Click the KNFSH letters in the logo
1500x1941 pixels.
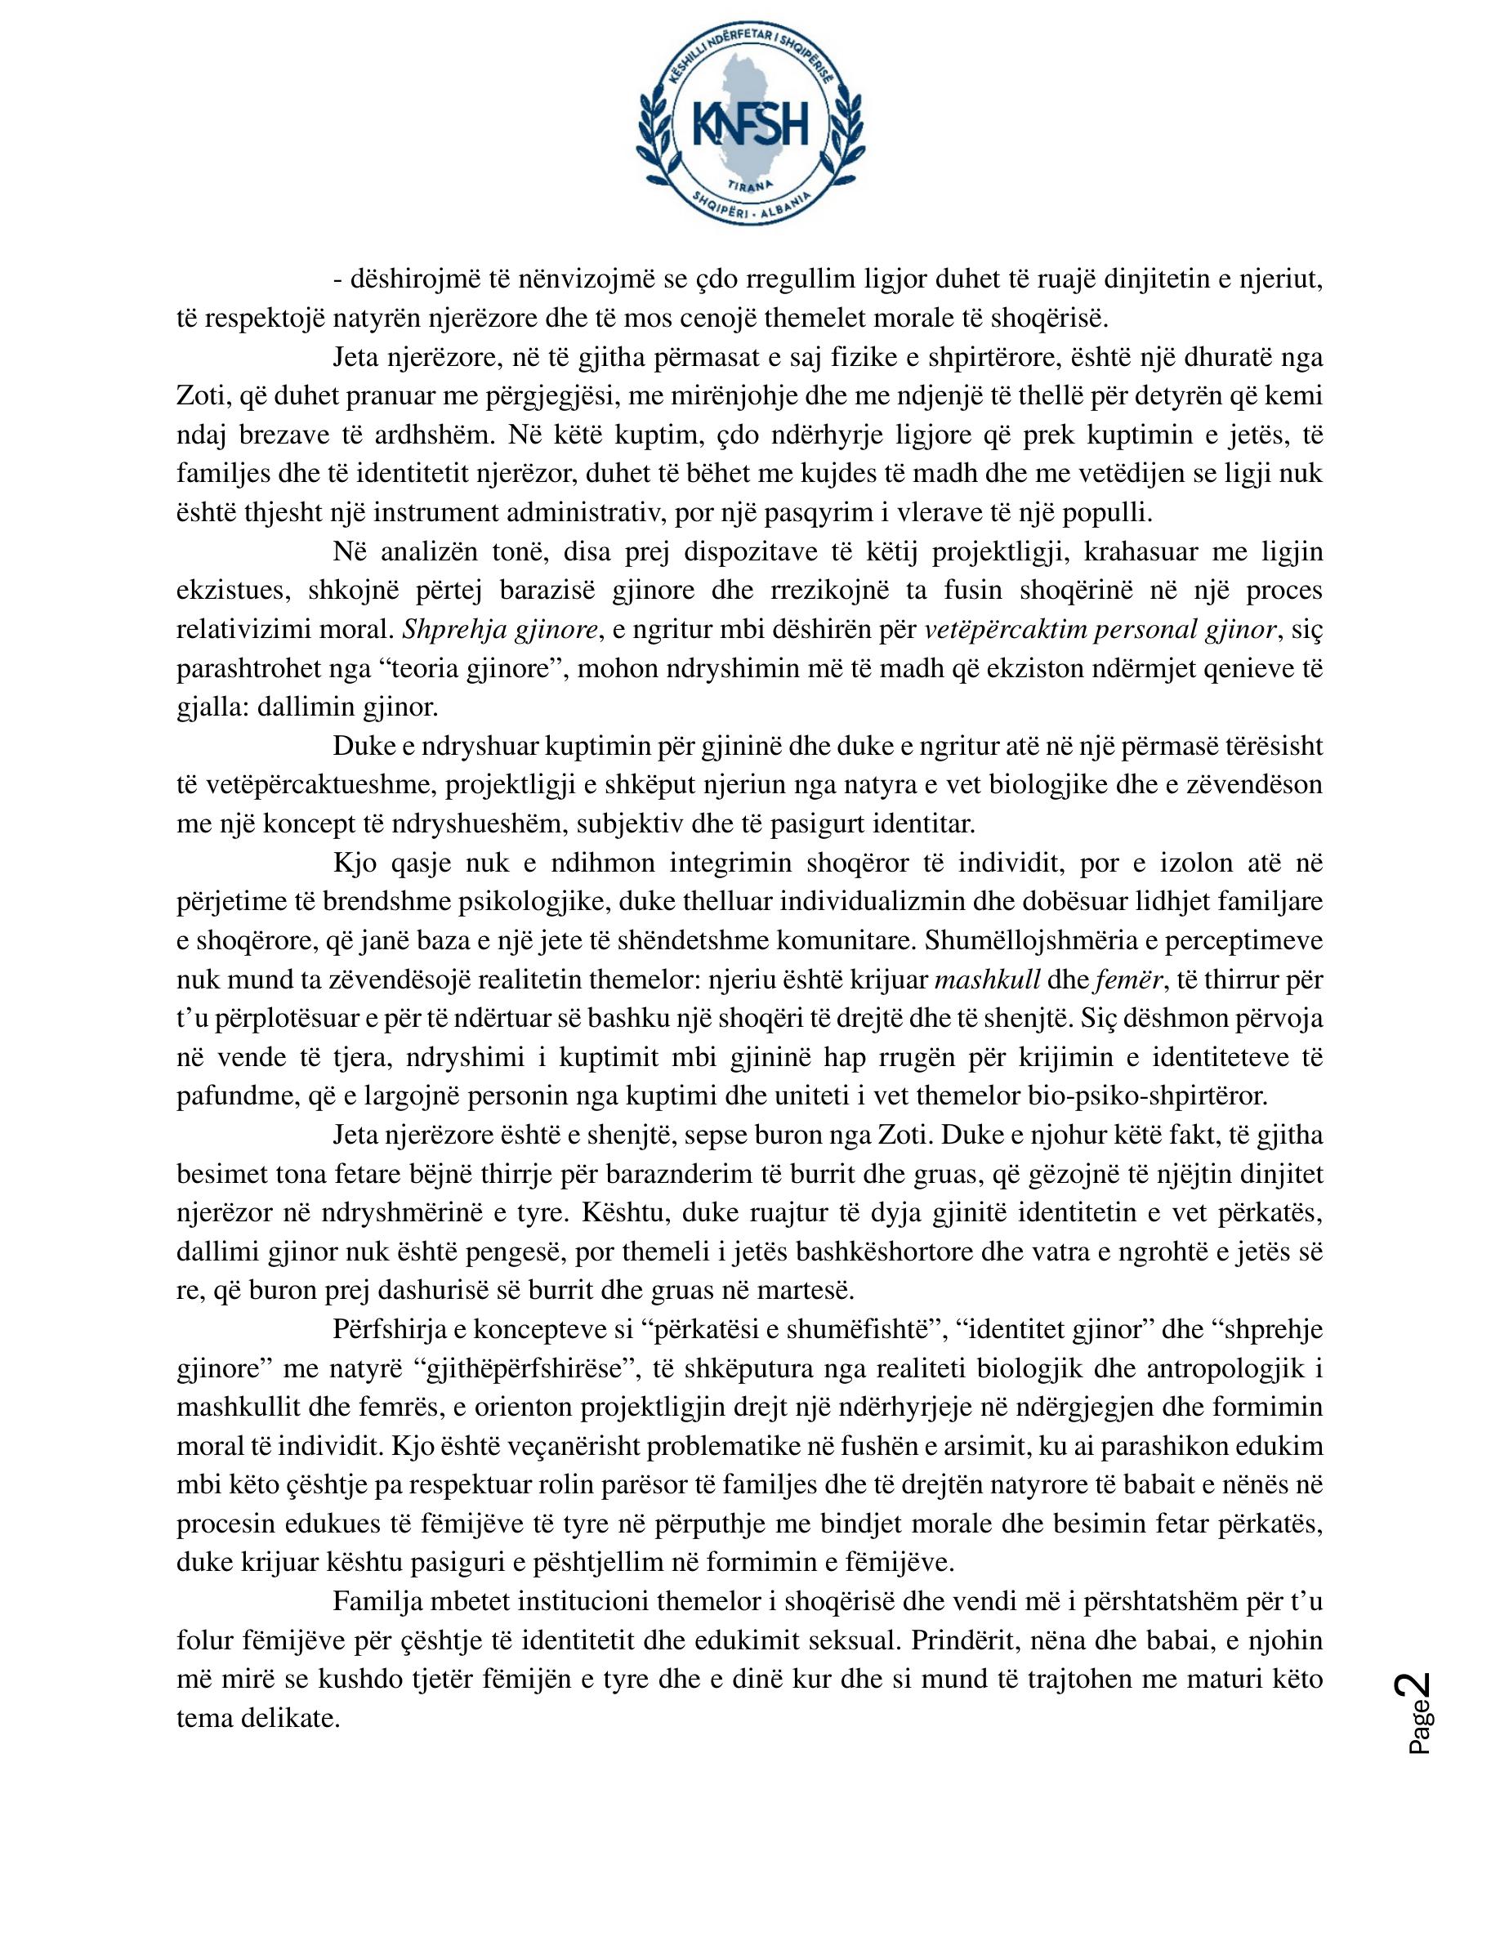(750, 122)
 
